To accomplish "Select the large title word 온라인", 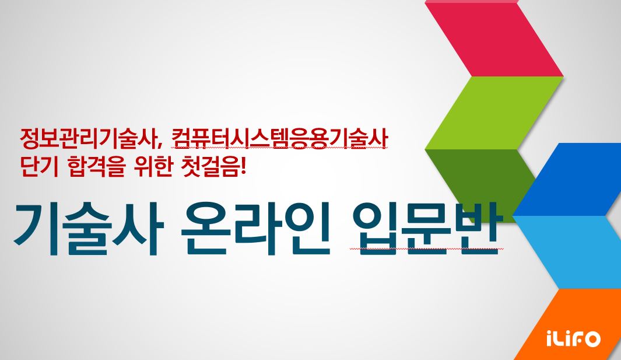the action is click(x=255, y=229).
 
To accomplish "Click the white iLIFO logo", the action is click(x=573, y=338).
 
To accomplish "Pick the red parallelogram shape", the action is click(x=494, y=39).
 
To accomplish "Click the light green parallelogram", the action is click(x=494, y=113).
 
